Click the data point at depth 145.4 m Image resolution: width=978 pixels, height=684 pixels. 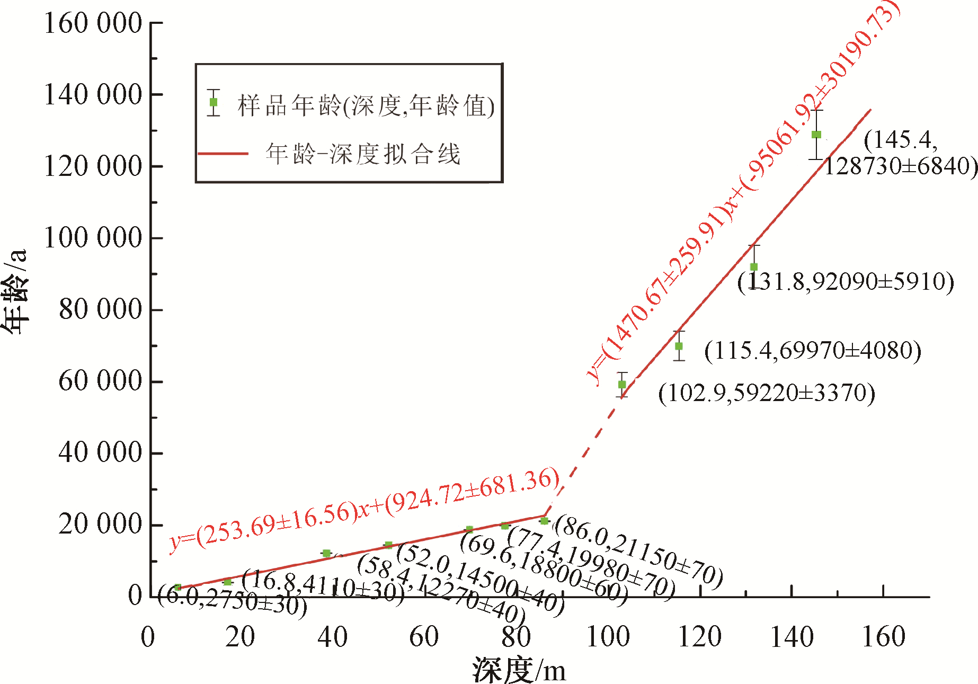(816, 135)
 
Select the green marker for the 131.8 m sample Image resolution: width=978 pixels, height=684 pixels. (753, 267)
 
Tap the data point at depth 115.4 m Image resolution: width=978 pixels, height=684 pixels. (679, 346)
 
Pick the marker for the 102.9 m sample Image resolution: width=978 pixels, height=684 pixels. (622, 385)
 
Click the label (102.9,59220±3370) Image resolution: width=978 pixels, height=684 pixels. (767, 393)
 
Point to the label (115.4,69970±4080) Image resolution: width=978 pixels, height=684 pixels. (813, 350)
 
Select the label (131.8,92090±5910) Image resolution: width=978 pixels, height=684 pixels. (846, 281)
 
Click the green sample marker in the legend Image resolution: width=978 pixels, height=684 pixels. (214, 102)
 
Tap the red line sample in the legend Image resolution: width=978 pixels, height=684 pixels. (223, 154)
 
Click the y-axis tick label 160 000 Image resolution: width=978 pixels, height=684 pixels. (93, 23)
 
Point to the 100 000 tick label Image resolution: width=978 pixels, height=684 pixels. (93, 238)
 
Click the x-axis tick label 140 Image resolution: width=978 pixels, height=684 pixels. (792, 637)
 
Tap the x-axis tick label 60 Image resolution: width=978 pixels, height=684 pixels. (424, 637)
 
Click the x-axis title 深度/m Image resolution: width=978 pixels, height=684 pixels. (519, 670)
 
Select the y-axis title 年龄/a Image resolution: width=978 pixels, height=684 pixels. (15, 291)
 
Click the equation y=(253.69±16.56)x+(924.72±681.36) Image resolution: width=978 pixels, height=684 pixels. (364, 509)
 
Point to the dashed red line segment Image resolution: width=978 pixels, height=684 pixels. (583, 456)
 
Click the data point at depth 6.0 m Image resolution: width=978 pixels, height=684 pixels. (177, 587)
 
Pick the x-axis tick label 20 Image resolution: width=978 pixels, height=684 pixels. (240, 637)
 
